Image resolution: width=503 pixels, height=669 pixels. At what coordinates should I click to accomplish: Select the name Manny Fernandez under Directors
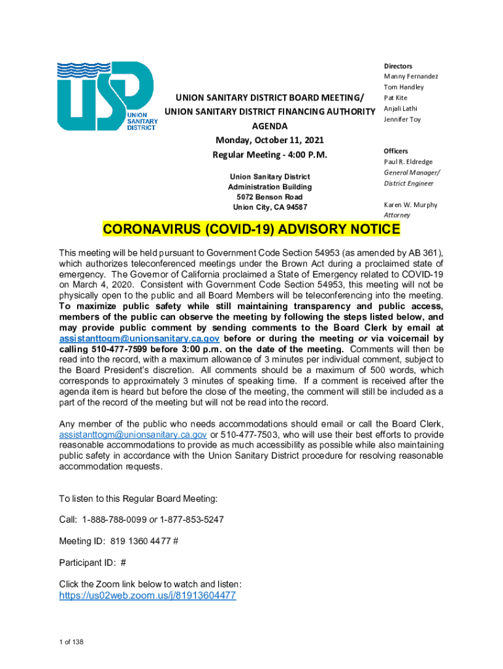411,76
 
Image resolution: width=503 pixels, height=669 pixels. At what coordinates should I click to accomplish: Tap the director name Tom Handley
404,87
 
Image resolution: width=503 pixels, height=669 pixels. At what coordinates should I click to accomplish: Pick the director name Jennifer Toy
402,119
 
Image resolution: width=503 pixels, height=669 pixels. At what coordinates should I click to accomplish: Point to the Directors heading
398,66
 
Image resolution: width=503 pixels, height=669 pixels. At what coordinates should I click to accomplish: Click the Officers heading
396,151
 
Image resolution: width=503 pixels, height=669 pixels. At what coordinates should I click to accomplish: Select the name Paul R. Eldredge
408,162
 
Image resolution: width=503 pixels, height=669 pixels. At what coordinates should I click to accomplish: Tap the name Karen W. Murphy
410,204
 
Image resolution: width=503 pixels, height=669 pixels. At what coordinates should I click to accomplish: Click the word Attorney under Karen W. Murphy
397,215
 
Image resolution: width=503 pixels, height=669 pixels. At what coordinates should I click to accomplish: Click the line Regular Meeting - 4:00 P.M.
269,155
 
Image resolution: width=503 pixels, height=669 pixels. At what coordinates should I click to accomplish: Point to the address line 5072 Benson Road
270,197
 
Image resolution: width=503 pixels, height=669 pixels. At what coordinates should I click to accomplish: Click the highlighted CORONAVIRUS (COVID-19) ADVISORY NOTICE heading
251,230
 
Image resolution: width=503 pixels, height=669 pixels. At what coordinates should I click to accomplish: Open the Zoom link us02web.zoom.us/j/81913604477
148,596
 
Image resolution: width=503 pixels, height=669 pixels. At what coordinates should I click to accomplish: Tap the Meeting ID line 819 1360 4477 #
119,540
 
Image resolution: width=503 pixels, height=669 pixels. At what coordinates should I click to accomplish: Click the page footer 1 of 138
71,642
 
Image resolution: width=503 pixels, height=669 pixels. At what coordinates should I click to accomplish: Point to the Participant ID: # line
92,562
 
